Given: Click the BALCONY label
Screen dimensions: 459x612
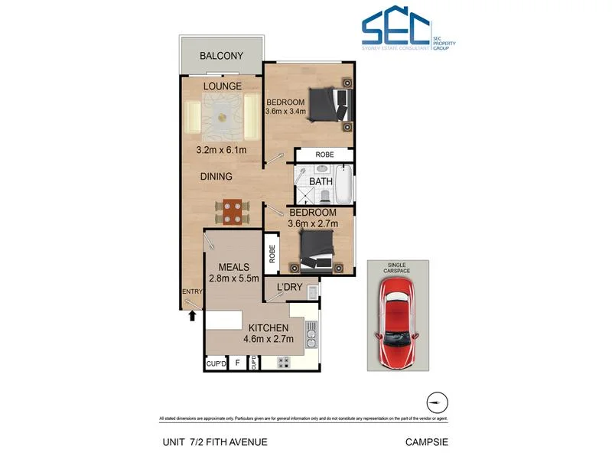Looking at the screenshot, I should coord(221,56).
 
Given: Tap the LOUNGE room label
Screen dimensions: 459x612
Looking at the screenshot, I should coord(223,86).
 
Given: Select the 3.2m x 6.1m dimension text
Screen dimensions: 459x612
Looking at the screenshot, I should coord(221,150).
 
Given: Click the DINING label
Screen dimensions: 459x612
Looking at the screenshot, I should coord(216,176).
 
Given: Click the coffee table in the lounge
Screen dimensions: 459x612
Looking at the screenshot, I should coord(223,118).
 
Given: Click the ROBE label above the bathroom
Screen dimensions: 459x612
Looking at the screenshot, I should coord(325,155).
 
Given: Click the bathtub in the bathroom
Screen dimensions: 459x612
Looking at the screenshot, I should coord(345,183).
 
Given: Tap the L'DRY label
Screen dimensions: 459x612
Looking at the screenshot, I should coord(291,288).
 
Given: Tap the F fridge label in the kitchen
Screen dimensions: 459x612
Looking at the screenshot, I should coord(237,363).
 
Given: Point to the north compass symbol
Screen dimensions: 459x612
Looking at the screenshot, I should coord(435,402).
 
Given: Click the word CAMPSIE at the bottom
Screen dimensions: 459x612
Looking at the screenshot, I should coord(426,441).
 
